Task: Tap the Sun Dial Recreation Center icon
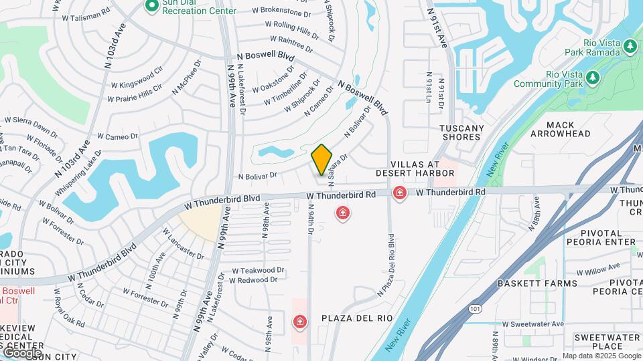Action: click(x=152, y=6)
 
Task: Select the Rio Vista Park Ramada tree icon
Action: click(x=630, y=46)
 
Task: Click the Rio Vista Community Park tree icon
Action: click(x=592, y=78)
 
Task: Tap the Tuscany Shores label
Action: click(x=461, y=132)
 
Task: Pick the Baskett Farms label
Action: click(x=537, y=283)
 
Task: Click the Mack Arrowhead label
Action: click(x=561, y=129)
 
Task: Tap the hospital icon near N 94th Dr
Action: click(x=343, y=213)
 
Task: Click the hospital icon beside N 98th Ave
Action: click(x=299, y=323)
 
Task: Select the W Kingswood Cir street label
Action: click(x=137, y=77)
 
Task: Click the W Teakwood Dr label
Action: click(x=257, y=270)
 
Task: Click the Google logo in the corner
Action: click(x=22, y=352)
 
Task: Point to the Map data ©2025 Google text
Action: click(x=601, y=356)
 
